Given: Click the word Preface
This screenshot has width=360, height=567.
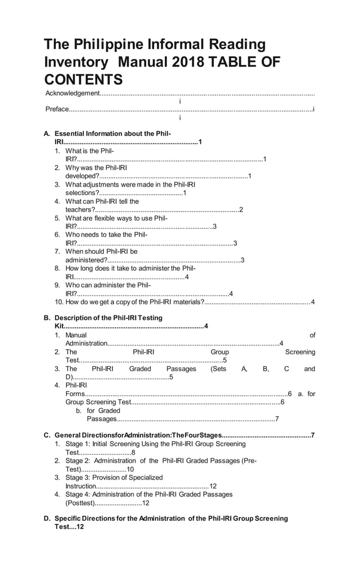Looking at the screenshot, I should pyautogui.click(x=58, y=109).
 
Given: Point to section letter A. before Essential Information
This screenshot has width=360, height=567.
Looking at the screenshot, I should pyautogui.click(x=47, y=134).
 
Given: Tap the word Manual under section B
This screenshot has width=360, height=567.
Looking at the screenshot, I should pyautogui.click(x=76, y=336).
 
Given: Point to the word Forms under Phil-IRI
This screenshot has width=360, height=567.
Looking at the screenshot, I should pyautogui.click(x=75, y=394).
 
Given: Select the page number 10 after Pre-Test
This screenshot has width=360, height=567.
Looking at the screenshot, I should pyautogui.click(x=130, y=469).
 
